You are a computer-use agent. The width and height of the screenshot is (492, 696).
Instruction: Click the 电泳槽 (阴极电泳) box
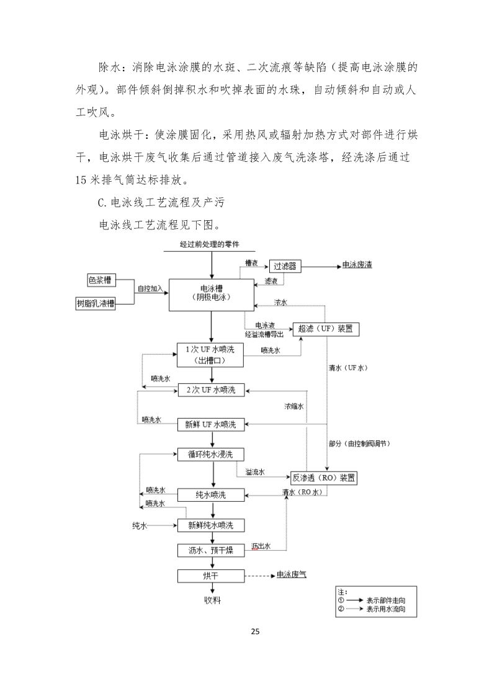[212, 293]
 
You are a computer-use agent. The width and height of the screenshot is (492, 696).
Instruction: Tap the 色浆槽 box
[102, 280]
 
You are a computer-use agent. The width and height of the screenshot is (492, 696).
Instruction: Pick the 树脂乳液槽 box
[96, 303]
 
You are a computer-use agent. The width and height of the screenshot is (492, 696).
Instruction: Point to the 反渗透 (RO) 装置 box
[324, 478]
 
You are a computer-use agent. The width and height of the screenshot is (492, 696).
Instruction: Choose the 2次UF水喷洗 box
[211, 390]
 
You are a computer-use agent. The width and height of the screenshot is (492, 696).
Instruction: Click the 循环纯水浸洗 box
[211, 454]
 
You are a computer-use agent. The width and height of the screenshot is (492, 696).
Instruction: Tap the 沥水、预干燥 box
[211, 550]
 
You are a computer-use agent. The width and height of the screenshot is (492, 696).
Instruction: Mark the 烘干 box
[211, 576]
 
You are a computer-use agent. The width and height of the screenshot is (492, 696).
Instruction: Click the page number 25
[255, 631]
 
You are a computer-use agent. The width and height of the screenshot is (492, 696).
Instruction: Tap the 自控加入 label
[150, 288]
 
